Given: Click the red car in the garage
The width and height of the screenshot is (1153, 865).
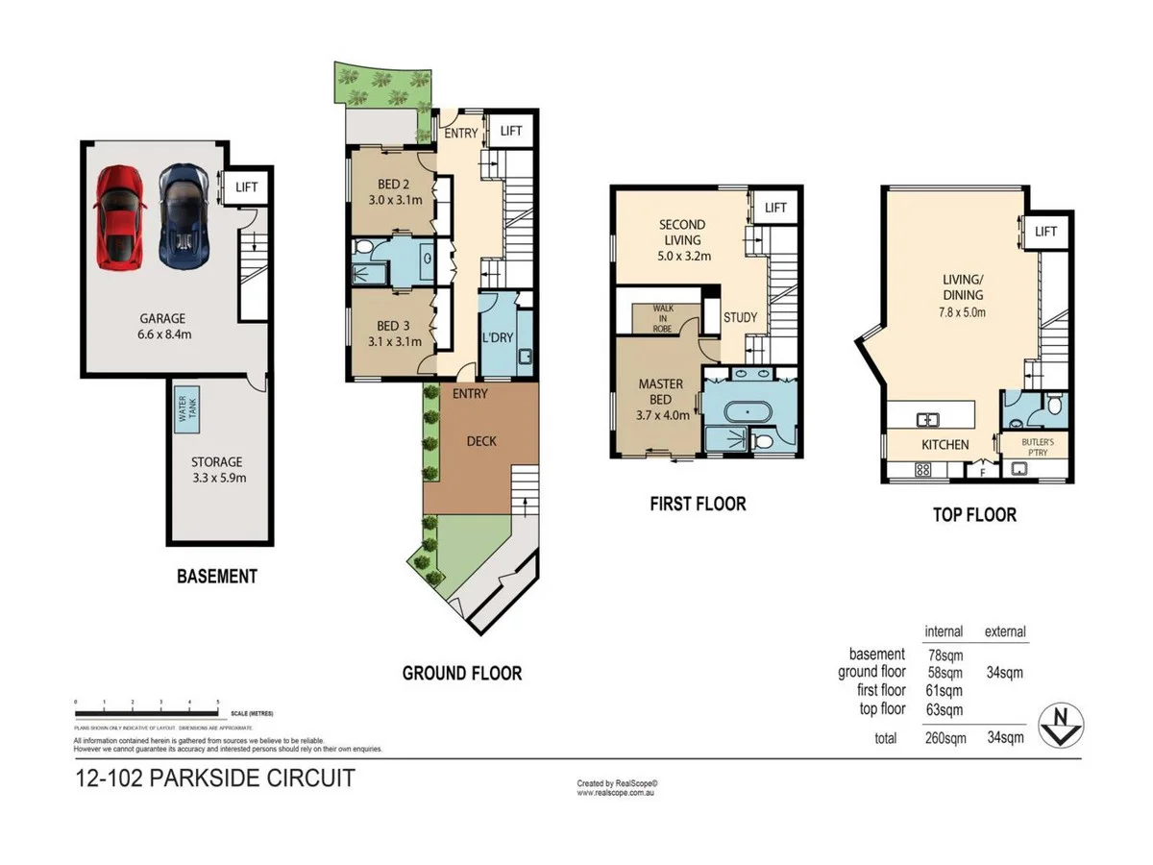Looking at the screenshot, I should tap(118, 216).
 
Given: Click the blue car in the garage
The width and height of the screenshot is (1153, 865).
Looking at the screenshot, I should tap(182, 216).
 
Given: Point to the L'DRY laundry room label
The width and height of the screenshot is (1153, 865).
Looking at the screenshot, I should tap(497, 340).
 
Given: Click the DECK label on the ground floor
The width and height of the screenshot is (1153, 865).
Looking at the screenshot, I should tap(481, 441).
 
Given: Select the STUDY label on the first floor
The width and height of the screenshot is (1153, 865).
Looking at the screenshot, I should tap(740, 317).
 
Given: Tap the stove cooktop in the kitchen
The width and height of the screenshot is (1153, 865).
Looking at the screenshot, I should tap(921, 470).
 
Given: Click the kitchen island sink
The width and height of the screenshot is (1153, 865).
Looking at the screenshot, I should tap(928, 418).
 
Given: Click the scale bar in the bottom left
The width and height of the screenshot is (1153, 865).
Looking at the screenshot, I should tap(149, 712).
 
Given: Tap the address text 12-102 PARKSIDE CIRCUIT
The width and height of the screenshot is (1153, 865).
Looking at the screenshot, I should tap(214, 778).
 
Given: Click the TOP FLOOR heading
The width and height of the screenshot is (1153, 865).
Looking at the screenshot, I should tap(974, 515).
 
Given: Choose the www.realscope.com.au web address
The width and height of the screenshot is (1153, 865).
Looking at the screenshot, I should tap(615, 793).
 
